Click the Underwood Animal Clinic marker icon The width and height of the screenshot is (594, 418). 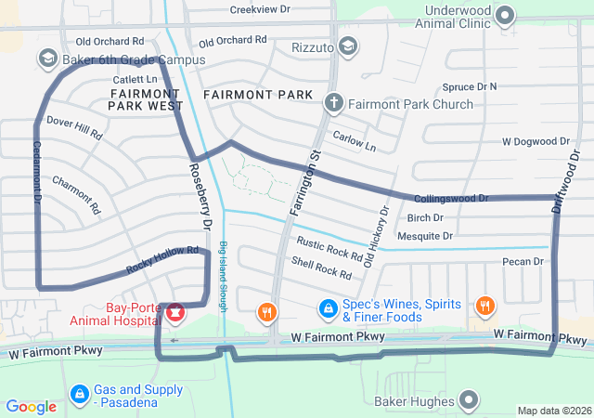click(x=506, y=14)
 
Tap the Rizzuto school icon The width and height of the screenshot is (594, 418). click(x=347, y=46)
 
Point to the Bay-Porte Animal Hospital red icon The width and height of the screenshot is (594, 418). click(x=174, y=312)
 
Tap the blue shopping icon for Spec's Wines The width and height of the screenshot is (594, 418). click(x=327, y=307)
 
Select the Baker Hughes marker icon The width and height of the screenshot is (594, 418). click(x=470, y=401)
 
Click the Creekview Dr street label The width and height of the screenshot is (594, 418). click(x=260, y=9)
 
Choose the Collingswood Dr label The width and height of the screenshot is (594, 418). click(x=451, y=199)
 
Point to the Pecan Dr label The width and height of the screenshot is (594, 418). click(x=522, y=262)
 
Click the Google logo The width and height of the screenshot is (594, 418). click(x=31, y=407)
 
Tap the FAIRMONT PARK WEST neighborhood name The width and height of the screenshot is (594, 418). click(x=145, y=100)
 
